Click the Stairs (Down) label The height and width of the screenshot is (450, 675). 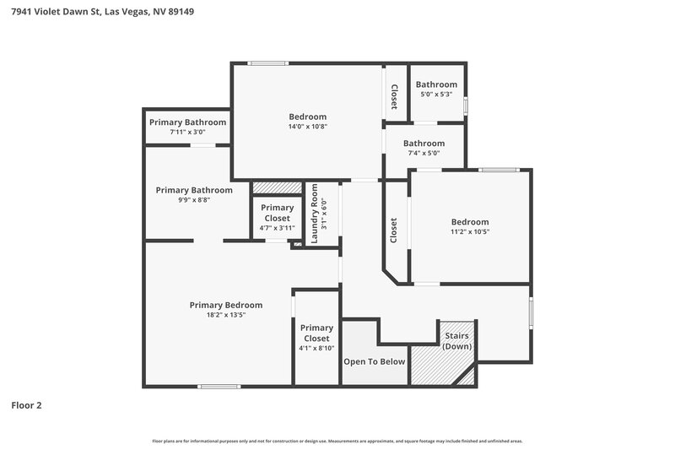[x=457, y=341]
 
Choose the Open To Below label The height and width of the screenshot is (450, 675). [x=374, y=361]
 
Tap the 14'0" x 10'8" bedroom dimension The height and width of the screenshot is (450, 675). [x=307, y=127]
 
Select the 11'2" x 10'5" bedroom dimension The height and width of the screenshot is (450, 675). [x=469, y=231]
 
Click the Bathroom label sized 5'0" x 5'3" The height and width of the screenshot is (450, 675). [x=436, y=84]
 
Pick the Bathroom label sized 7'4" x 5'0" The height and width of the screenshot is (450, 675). [x=424, y=144]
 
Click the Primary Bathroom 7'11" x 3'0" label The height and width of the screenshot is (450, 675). [x=187, y=122]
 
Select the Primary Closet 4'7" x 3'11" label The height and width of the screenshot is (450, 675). [x=277, y=213]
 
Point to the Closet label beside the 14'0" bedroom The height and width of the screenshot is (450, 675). [x=394, y=96]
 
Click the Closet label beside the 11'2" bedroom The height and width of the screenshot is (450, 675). [x=394, y=230]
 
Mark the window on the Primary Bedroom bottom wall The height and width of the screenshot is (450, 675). [x=219, y=386]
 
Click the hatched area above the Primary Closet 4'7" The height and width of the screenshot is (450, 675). [x=277, y=187]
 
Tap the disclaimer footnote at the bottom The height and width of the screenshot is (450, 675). [x=337, y=441]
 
